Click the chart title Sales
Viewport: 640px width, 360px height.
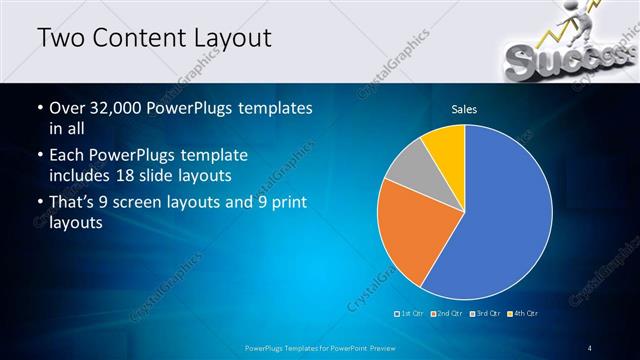tap(464, 108)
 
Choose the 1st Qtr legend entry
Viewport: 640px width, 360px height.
tap(412, 314)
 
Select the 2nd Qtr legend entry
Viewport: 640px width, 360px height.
tap(447, 314)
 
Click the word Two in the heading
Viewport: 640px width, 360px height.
tap(60, 38)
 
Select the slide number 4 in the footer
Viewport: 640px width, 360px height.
tap(590, 347)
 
